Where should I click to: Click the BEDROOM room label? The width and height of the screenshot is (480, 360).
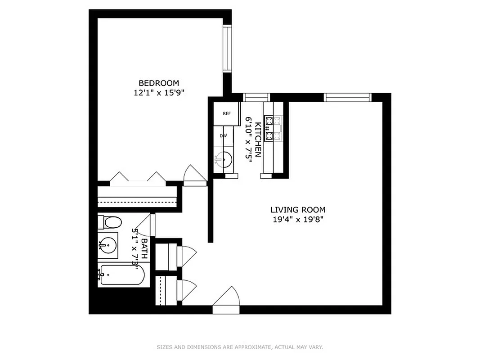tap(158, 83)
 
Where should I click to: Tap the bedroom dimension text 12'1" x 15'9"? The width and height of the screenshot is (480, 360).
tap(159, 93)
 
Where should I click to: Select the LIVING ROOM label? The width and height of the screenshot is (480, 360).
tap(297, 210)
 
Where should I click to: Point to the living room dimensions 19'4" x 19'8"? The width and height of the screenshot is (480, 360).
tap(297, 220)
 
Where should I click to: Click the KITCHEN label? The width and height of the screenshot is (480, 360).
tap(258, 139)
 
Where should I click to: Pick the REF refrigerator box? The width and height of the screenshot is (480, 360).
tap(226, 113)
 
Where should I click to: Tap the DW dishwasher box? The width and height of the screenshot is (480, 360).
tap(223, 136)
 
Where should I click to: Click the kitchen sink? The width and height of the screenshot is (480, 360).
tap(223, 159)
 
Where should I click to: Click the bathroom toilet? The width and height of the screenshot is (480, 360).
tap(110, 222)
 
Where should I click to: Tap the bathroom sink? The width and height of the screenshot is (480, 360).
tap(108, 246)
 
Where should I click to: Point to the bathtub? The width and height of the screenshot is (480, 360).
tap(121, 274)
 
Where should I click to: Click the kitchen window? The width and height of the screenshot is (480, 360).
tap(256, 97)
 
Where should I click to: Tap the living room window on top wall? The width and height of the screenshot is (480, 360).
tap(347, 97)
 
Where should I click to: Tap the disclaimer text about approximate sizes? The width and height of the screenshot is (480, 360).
tap(240, 347)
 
